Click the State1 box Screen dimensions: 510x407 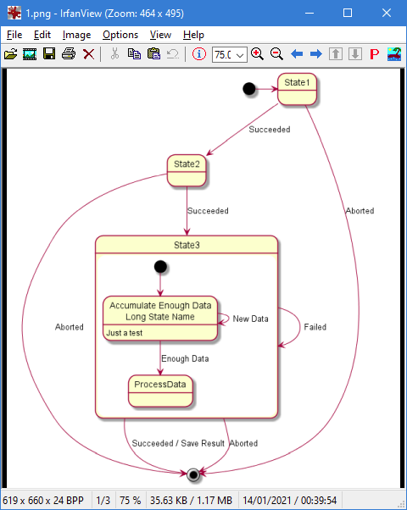point(298,89)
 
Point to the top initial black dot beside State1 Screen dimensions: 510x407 point(248,89)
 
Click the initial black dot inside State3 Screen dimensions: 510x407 point(160,267)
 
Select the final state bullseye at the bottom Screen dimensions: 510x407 point(194,474)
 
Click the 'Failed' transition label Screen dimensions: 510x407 point(315,327)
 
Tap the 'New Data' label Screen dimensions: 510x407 point(251,319)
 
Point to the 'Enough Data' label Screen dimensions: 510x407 point(185,359)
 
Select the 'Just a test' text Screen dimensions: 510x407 point(125,334)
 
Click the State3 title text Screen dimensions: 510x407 point(187,245)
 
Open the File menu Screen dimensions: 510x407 point(14,35)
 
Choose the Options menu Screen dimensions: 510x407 point(120,35)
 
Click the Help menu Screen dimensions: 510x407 point(193,35)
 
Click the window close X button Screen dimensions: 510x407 point(387,13)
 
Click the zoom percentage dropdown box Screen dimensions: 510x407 point(229,54)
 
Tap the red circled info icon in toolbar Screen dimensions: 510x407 point(199,54)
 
